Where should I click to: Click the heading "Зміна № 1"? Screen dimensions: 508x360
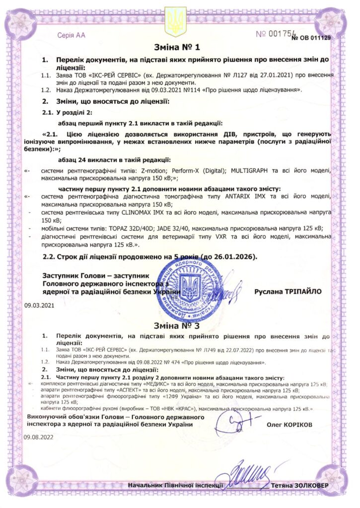click(x=180, y=48)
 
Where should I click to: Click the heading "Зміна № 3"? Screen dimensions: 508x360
click(x=180, y=326)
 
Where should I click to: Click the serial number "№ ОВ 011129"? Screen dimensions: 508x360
click(x=311, y=38)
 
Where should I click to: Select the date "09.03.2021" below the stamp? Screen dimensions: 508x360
click(x=40, y=306)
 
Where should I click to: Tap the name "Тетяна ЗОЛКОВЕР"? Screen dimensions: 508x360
click(x=301, y=485)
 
